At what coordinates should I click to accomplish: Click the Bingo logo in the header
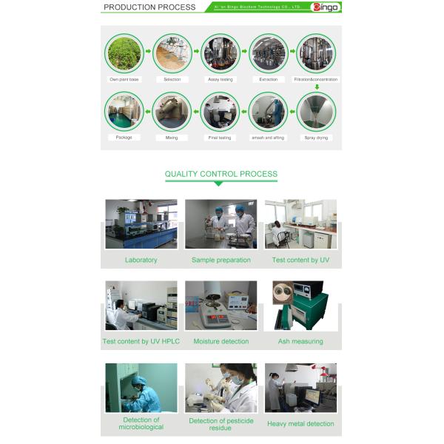coord(325,7)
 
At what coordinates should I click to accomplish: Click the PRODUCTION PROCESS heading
coord(149,7)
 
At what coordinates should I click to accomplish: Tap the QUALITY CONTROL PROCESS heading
coord(221,175)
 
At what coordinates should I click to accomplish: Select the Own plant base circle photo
coord(124,53)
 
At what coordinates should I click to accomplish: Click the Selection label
coord(172,79)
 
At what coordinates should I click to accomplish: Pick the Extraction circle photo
coord(269,53)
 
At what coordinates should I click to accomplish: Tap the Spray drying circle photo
coord(316,111)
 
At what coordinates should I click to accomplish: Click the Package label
coord(124,138)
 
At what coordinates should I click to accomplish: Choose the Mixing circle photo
coord(172,111)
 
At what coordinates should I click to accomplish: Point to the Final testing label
coord(220,138)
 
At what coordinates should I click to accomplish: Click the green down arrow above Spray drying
coord(317,87)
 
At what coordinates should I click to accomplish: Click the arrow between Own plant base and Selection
coord(148,52)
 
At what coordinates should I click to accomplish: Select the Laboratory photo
coord(141,224)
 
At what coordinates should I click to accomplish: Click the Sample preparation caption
coord(221,260)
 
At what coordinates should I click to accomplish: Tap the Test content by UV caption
coord(300,260)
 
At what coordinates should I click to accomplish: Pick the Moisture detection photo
coord(221,305)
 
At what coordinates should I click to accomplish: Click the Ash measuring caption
coord(300,342)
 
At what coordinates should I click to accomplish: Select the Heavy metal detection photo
coord(300,388)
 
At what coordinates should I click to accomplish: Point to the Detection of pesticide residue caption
coord(221,425)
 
